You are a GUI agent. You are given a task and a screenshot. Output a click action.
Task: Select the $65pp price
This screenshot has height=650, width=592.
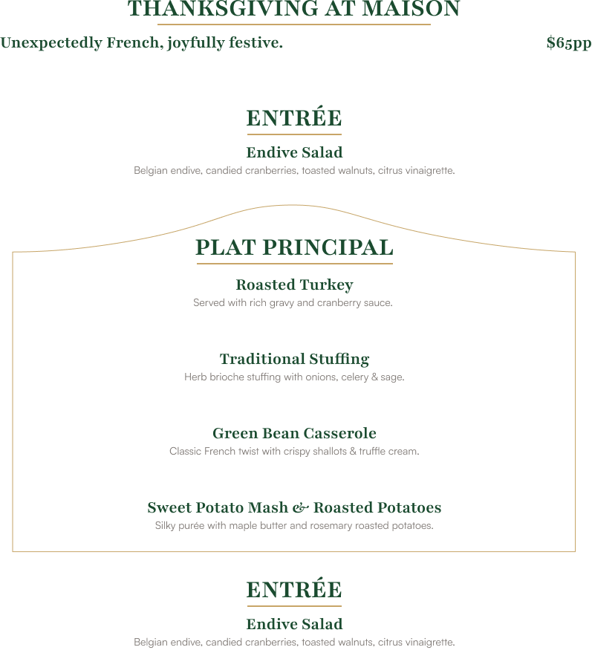pyautogui.click(x=568, y=43)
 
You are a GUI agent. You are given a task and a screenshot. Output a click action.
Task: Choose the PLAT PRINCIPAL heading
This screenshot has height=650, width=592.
pyautogui.click(x=294, y=248)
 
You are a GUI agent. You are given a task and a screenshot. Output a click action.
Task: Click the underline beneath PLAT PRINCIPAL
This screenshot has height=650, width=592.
pyautogui.click(x=294, y=264)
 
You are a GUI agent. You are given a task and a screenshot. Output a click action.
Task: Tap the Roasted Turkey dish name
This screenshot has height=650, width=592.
pyautogui.click(x=294, y=285)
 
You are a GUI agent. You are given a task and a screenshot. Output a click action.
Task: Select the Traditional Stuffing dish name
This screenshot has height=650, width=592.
pyautogui.click(x=294, y=360)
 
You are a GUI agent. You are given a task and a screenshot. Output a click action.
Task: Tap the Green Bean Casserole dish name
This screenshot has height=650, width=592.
pyautogui.click(x=294, y=434)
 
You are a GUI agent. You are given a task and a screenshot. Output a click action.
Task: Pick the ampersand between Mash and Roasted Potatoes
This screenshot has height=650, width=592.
pyautogui.click(x=301, y=509)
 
